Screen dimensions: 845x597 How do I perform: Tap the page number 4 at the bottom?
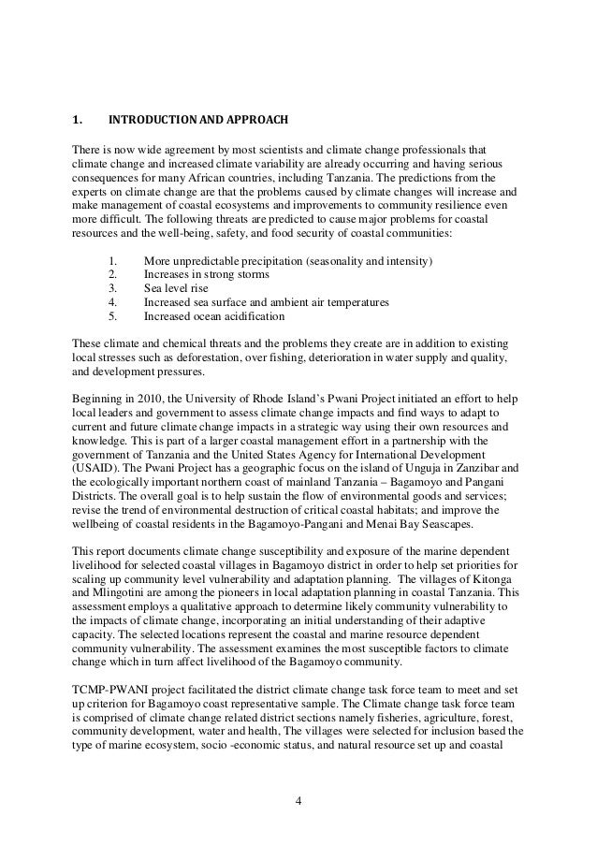298,800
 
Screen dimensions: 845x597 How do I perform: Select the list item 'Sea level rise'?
176,289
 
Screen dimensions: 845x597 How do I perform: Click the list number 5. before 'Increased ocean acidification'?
114,317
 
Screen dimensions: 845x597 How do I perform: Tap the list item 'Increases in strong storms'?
207,275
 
